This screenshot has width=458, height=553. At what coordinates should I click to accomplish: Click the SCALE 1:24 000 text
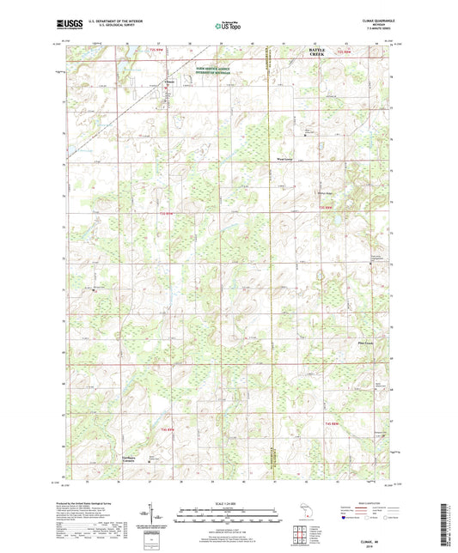click(229, 502)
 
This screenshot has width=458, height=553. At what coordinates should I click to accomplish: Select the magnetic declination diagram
click(152, 517)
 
